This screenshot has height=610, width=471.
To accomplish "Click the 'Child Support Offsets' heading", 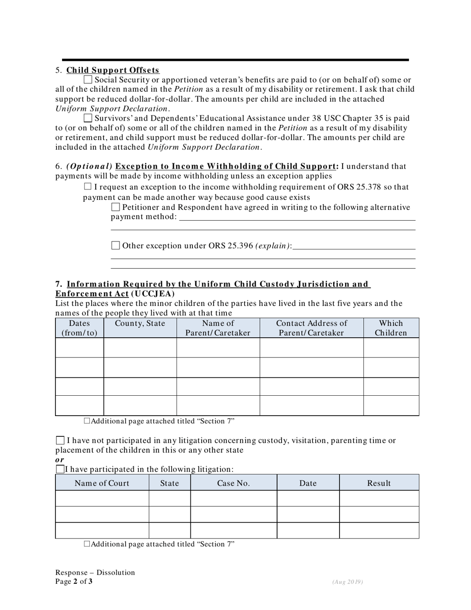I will point(113,70).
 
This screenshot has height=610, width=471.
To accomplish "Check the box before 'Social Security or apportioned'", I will point(88,79).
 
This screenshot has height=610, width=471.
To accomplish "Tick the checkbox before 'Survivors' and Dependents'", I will point(88,118).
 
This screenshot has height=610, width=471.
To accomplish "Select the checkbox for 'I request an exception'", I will point(88,186).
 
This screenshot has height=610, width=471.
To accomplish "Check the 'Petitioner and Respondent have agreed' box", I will point(116,207).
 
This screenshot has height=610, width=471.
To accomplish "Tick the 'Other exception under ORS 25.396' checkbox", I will point(116,245).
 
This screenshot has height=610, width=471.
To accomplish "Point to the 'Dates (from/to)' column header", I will point(79,328).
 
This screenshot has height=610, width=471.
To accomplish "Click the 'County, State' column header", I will point(140,323).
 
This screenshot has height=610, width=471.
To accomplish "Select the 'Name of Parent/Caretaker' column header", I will point(218,328).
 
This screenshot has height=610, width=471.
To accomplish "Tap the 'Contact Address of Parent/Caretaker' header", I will point(311,328).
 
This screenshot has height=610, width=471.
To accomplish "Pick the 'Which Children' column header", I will point(391,328).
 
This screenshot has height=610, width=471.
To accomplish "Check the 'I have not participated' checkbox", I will point(60,440).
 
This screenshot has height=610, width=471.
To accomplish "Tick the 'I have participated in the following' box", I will point(60,469).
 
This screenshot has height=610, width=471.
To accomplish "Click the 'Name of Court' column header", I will point(102,483).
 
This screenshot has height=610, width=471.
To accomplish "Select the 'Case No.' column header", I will point(234,483).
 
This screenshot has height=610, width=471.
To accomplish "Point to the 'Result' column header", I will point(379,483).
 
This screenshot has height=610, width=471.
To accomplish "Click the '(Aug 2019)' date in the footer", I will point(348,582).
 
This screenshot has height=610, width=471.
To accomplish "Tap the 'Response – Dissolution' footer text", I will point(95,572).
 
